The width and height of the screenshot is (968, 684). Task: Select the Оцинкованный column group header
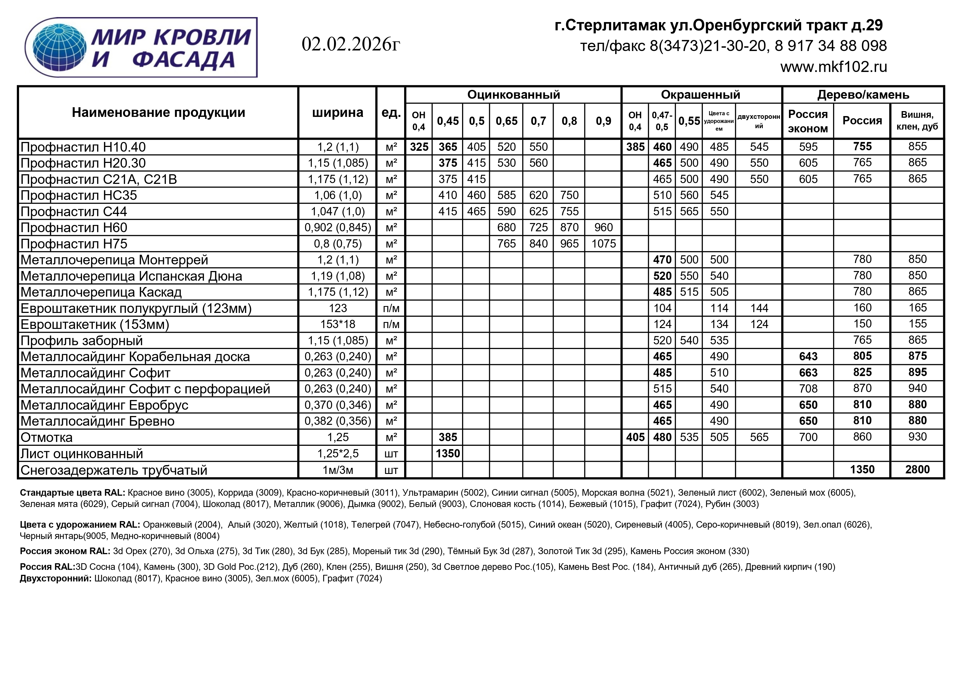(513, 94)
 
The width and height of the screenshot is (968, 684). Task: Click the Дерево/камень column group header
(863, 94)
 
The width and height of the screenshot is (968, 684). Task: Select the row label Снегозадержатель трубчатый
(114, 470)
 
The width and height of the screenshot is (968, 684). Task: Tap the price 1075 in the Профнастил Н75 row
(603, 244)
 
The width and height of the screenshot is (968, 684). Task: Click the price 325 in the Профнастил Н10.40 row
(419, 147)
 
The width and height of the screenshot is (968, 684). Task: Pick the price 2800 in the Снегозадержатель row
(918, 470)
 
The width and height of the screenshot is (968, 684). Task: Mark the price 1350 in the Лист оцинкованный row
(448, 454)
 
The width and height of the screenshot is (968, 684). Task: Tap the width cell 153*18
(338, 324)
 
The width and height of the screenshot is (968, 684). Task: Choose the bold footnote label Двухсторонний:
(56, 578)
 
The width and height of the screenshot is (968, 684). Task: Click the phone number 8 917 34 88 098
(831, 45)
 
